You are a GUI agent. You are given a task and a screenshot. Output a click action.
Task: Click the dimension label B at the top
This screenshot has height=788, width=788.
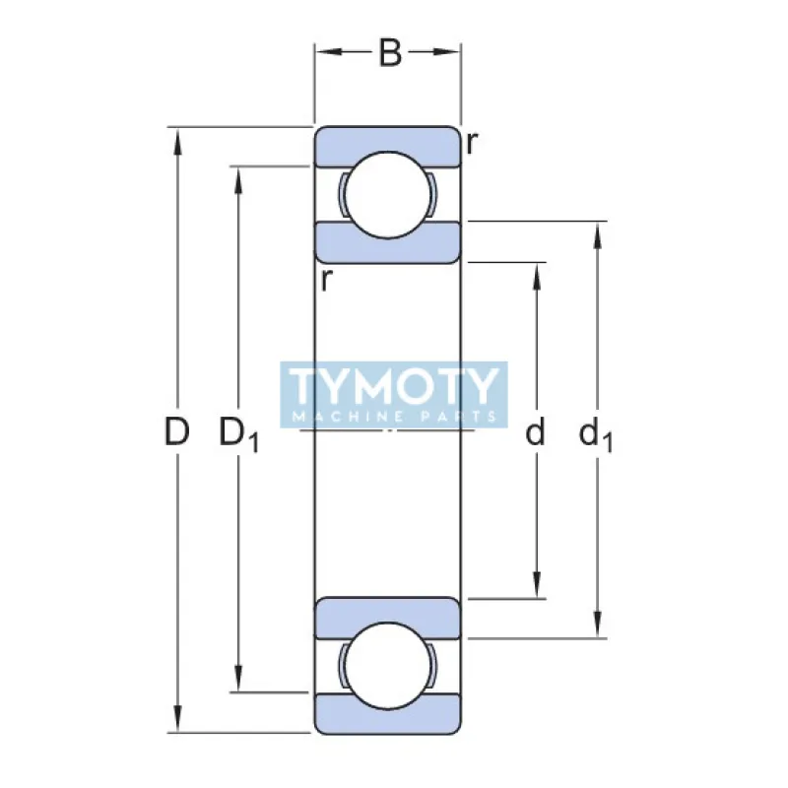tap(391, 53)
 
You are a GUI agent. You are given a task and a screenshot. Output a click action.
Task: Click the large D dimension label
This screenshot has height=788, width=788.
tap(176, 431)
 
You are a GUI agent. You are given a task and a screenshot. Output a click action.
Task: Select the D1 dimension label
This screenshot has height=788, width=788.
tap(237, 433)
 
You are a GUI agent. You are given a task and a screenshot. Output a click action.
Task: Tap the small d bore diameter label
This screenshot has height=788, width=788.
tap(535, 431)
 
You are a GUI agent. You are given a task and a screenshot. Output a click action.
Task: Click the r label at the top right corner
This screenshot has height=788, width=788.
tap(473, 144)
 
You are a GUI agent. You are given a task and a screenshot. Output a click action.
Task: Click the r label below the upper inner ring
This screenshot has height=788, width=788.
tap(325, 280)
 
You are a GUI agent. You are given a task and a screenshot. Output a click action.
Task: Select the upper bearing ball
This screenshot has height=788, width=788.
tap(388, 195)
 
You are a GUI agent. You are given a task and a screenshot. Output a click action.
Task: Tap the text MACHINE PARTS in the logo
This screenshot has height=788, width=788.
tap(393, 417)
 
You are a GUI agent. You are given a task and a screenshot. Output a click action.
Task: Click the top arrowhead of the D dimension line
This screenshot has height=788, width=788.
tap(177, 140)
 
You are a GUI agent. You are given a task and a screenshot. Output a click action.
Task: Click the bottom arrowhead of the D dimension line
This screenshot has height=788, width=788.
tap(177, 721)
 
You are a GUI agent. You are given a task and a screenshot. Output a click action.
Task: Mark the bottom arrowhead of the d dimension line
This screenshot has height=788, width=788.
tap(537, 585)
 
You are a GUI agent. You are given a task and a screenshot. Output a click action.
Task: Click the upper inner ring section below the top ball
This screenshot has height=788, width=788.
tap(388, 244)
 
